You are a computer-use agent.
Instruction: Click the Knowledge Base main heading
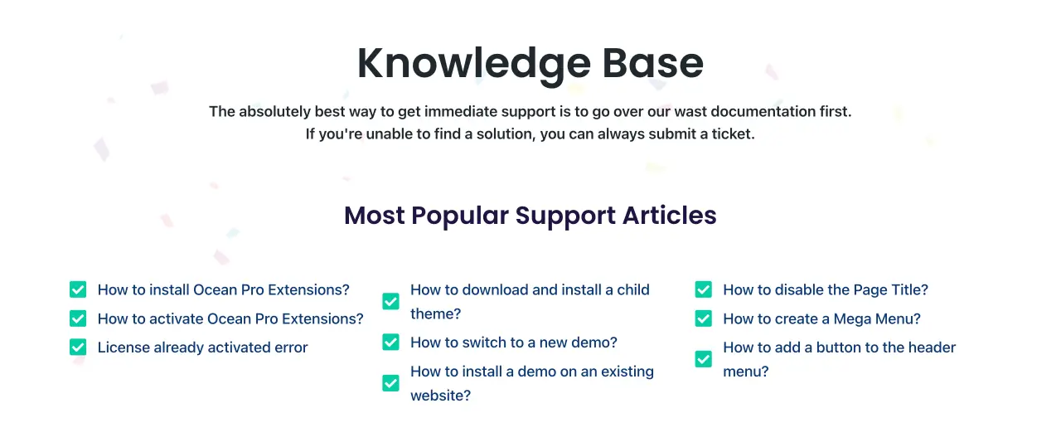click(530, 64)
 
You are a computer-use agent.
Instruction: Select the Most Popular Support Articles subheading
click(530, 216)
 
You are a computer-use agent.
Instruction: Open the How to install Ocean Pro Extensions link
click(224, 289)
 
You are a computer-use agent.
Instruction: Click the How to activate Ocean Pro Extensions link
click(230, 318)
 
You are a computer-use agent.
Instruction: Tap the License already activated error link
click(203, 347)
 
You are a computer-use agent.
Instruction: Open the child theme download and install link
click(530, 302)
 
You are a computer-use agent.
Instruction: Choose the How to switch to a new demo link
click(513, 343)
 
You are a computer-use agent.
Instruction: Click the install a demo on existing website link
click(532, 383)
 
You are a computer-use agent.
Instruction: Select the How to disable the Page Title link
click(826, 289)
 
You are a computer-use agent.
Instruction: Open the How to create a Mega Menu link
click(821, 318)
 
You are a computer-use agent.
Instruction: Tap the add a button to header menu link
click(840, 359)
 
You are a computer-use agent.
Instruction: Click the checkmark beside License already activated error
click(78, 347)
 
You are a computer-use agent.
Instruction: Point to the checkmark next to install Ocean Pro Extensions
click(78, 289)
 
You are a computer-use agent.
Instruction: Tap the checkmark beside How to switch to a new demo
click(390, 343)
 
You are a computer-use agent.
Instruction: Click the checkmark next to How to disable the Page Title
click(704, 289)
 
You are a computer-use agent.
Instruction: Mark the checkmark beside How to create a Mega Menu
click(704, 318)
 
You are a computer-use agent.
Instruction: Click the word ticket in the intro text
click(734, 134)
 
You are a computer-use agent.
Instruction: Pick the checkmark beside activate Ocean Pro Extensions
click(78, 318)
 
